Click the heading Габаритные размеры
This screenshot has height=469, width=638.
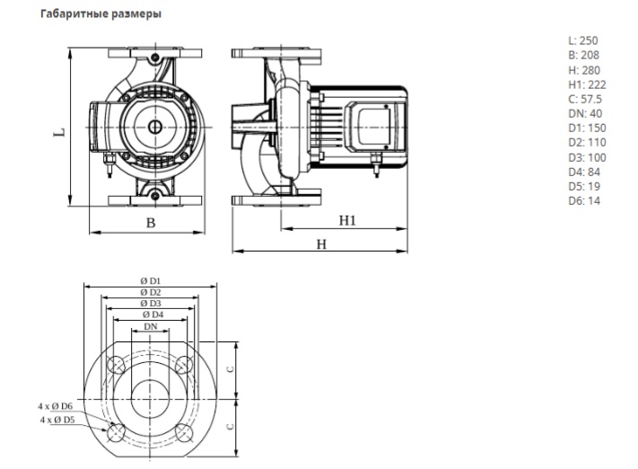click(x=101, y=15)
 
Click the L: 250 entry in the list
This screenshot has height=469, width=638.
click(x=582, y=40)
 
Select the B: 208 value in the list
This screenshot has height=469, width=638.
click(x=583, y=55)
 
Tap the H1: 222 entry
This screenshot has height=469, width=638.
click(x=587, y=84)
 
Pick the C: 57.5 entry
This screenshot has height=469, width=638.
click(x=586, y=99)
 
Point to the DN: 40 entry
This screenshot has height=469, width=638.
click(x=584, y=113)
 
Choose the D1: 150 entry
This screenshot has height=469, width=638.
click(x=586, y=128)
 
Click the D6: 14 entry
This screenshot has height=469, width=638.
click(x=584, y=200)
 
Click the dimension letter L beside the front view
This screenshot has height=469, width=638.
click(x=59, y=131)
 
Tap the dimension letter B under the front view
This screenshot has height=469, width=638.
click(x=151, y=223)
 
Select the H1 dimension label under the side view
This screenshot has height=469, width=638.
click(x=349, y=220)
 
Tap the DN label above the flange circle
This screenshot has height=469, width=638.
click(x=151, y=328)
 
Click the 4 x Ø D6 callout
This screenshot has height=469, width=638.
click(x=57, y=407)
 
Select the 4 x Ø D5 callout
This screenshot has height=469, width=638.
click(x=57, y=420)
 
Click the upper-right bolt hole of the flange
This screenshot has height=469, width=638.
click(x=185, y=363)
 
